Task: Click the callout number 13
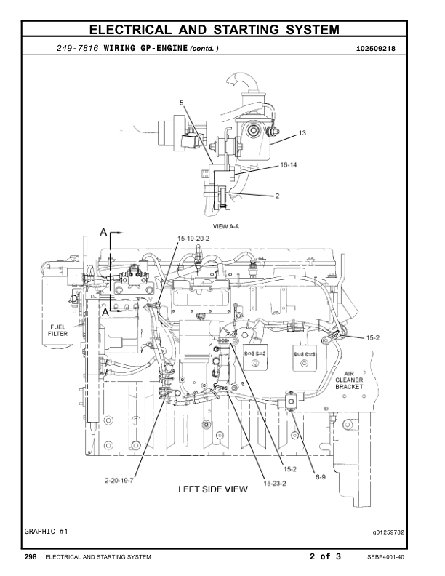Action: pyautogui.click(x=283, y=134)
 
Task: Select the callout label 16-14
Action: pyautogui.click(x=268, y=165)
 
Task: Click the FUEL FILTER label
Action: pyautogui.click(x=58, y=329)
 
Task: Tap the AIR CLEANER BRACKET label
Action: pyautogui.click(x=354, y=380)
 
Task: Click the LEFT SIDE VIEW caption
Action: pyautogui.click(x=213, y=489)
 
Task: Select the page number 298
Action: pyautogui.click(x=31, y=557)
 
